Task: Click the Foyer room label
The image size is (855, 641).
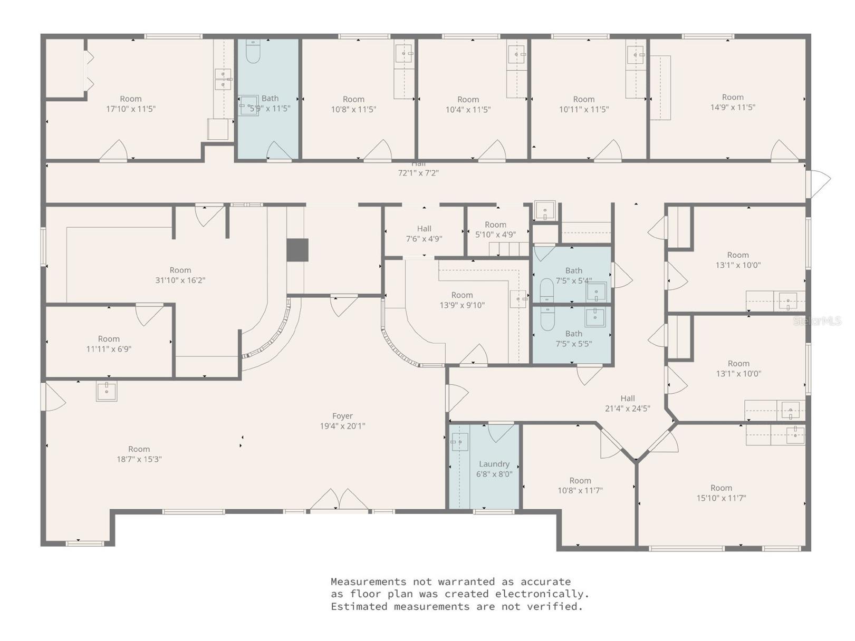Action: (x=342, y=421)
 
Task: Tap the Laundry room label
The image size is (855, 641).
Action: (x=494, y=469)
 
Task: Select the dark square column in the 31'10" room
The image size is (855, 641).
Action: (x=297, y=250)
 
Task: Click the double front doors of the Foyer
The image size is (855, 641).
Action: (x=339, y=500)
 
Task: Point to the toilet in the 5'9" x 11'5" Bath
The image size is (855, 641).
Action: (x=253, y=51)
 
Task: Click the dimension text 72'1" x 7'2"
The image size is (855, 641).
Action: (x=418, y=172)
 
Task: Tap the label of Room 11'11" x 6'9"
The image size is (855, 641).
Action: (x=109, y=344)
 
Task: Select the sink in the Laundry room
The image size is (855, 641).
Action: (x=459, y=442)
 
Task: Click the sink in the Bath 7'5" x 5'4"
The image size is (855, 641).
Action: (x=597, y=291)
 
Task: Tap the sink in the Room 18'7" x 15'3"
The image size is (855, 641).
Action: (x=106, y=391)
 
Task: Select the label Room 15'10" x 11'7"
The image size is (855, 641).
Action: (x=721, y=493)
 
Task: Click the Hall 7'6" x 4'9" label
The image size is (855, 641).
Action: (x=424, y=234)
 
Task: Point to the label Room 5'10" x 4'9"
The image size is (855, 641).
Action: (x=495, y=229)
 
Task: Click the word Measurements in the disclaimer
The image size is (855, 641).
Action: (x=368, y=581)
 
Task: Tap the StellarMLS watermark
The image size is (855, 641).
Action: (x=817, y=320)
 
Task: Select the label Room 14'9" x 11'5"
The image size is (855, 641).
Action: (x=733, y=102)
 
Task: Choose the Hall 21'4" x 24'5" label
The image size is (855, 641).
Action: (x=627, y=403)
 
